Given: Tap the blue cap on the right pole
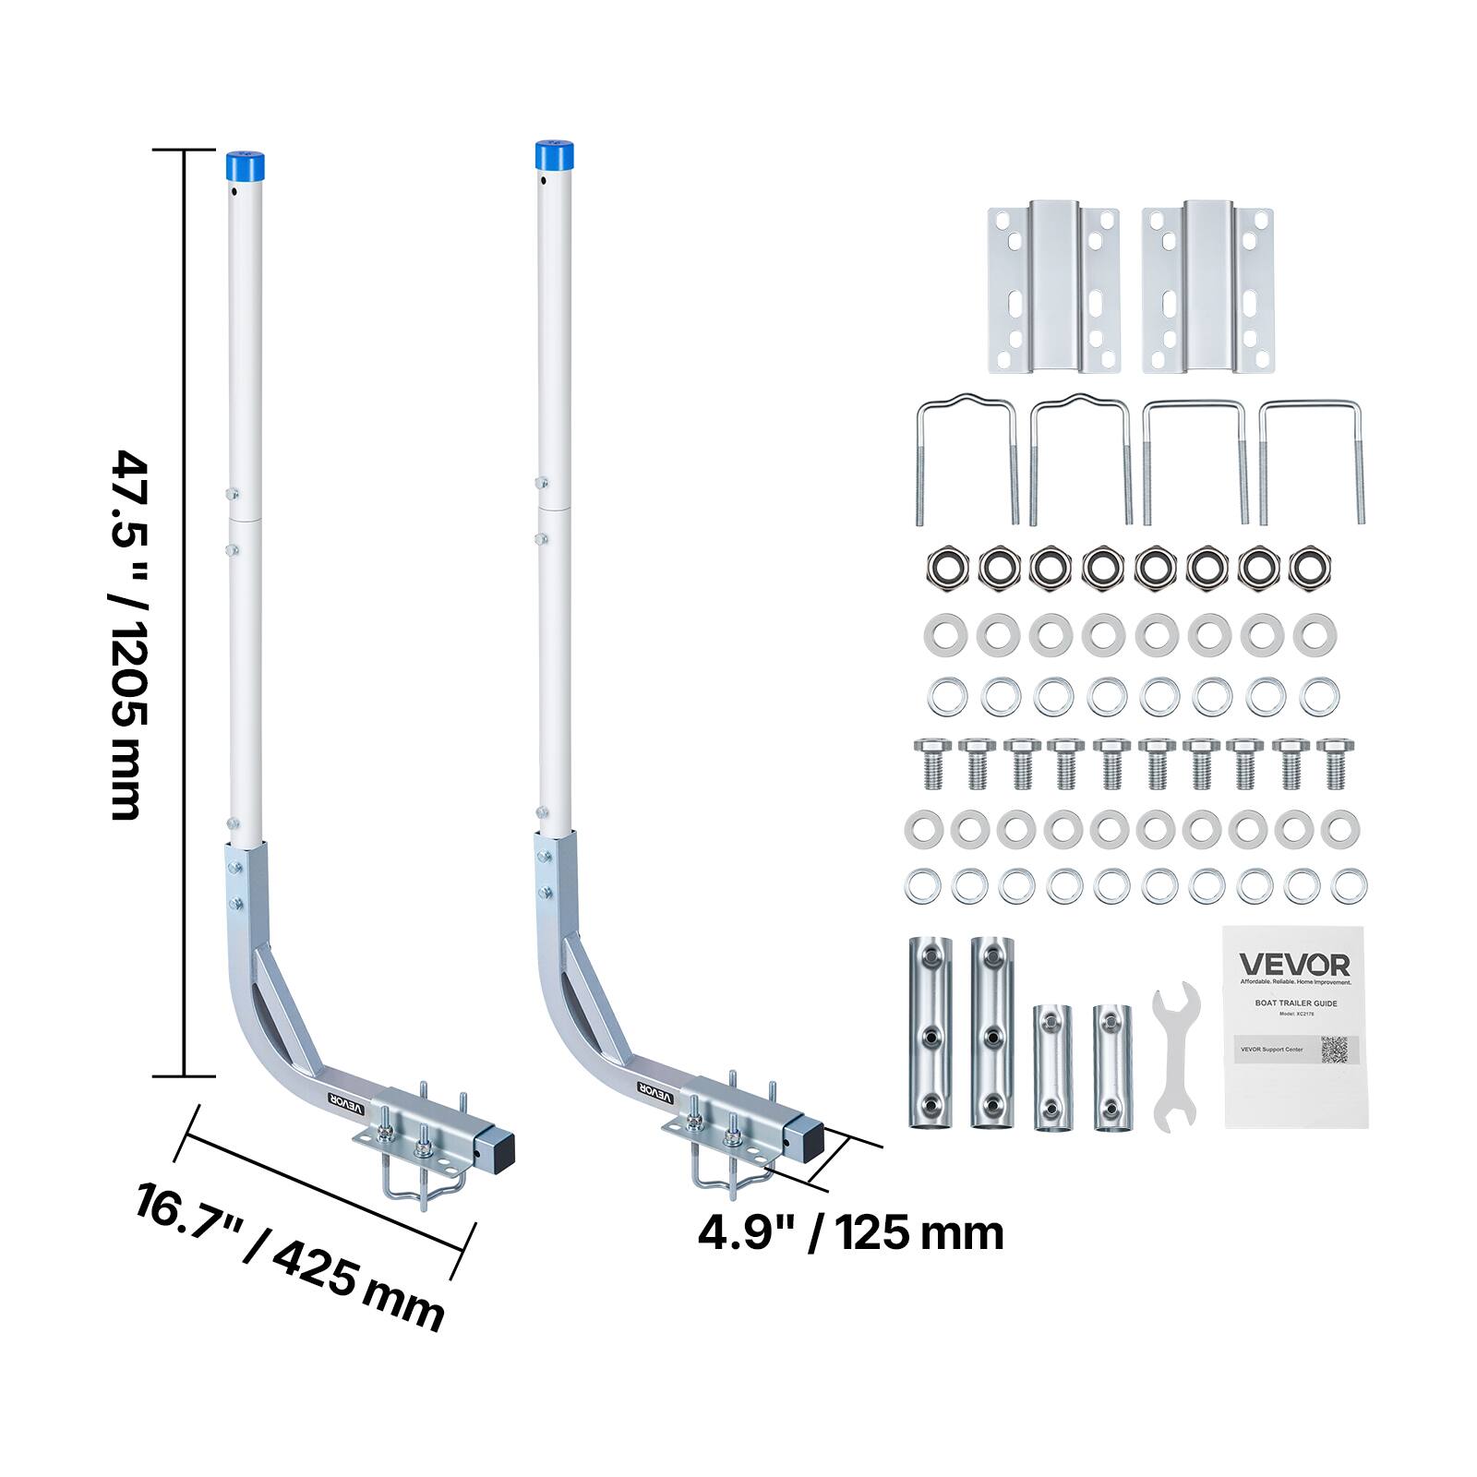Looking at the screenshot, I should point(554,155).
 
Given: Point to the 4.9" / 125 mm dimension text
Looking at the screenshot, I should point(850,1232).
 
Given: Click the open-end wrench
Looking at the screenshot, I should point(1175,1057).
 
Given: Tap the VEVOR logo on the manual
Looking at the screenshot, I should point(1294,966).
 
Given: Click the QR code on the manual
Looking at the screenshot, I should point(1334,1050).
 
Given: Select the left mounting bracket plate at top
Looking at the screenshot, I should point(1053,287).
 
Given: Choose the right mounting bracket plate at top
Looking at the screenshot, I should point(1207,287).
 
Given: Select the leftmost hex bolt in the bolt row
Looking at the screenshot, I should point(931,763).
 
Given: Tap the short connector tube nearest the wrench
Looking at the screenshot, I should point(1111,1067).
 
